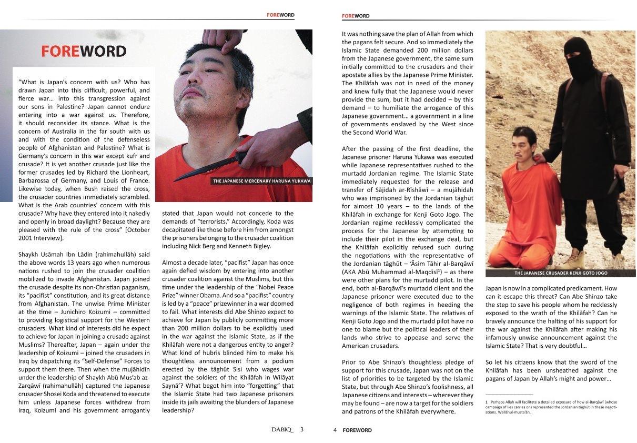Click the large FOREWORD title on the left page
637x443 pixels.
click(84, 52)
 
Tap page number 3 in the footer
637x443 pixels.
click(301, 429)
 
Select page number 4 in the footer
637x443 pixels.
click(335, 430)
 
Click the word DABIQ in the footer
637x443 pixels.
click(282, 429)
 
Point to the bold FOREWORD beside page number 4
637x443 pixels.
click(357, 430)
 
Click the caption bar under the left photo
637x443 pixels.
click(261, 181)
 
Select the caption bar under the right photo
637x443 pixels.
click(560, 273)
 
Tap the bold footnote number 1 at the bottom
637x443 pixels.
click(487, 402)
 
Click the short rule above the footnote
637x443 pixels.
click(509, 395)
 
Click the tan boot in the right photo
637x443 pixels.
click(573, 259)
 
